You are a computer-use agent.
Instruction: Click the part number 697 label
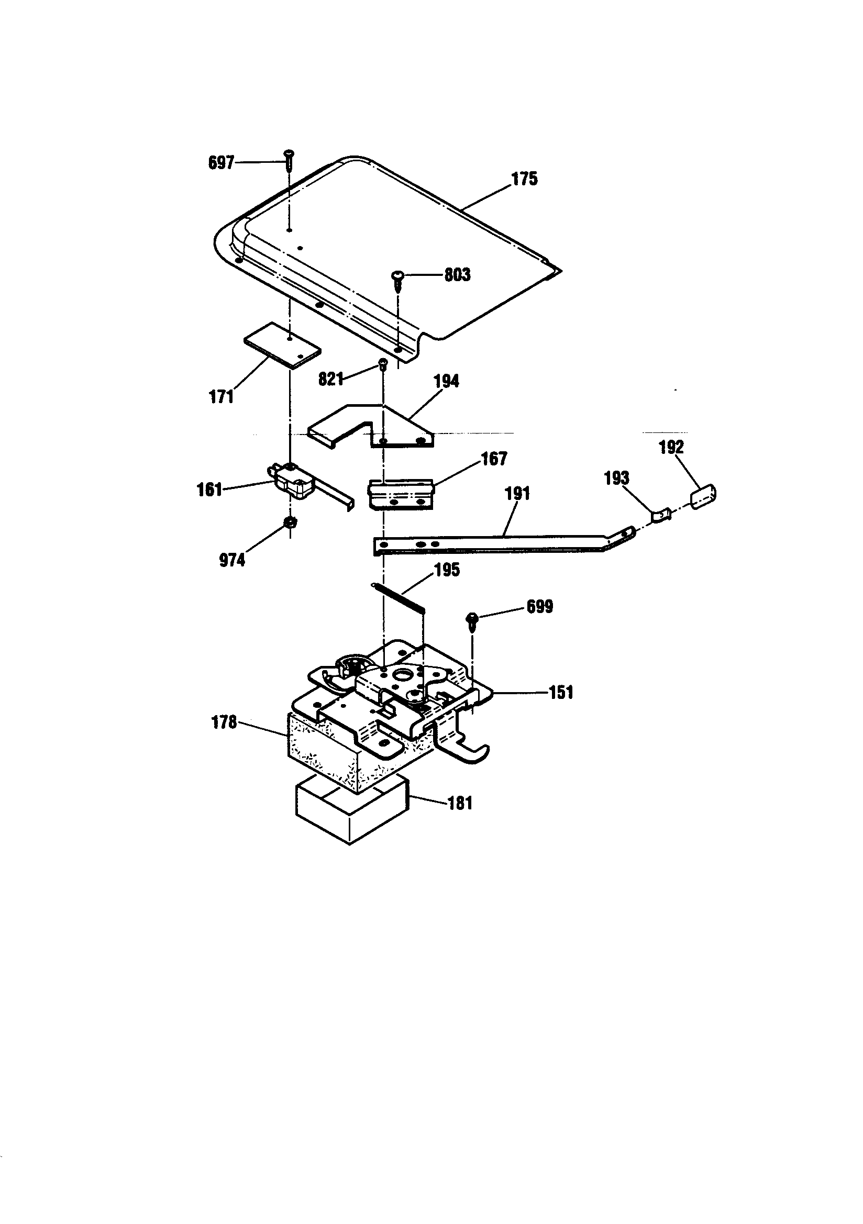click(221, 163)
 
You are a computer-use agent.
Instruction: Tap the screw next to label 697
click(289, 159)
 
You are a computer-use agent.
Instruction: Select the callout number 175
click(525, 179)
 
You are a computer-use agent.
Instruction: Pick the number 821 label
click(330, 379)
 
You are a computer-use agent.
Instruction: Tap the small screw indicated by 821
click(382, 364)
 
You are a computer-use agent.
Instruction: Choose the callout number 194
click(446, 381)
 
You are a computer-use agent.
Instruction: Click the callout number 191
click(517, 494)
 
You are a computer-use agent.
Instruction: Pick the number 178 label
click(224, 722)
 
